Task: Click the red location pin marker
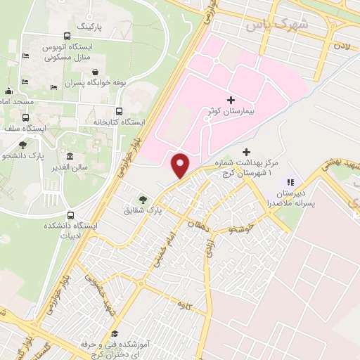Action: pyautogui.click(x=181, y=165)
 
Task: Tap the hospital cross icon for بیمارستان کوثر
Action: pyautogui.click(x=231, y=100)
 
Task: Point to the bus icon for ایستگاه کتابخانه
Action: pyautogui.click(x=119, y=111)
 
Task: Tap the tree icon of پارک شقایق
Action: pyautogui.click(x=143, y=200)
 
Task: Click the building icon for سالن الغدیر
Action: pyautogui.click(x=70, y=156)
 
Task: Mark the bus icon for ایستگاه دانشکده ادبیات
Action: pyautogui.click(x=70, y=215)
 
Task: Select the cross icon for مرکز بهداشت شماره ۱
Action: pyautogui.click(x=245, y=152)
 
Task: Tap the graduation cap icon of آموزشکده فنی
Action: pyautogui.click(x=115, y=334)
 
